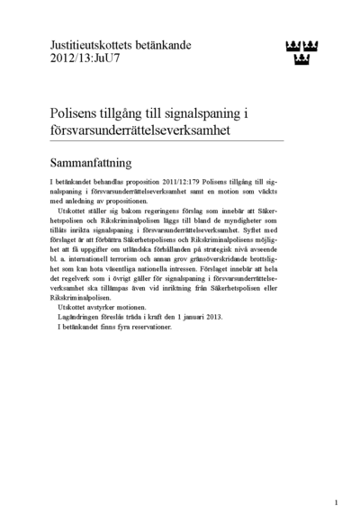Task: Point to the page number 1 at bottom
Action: (x=336, y=502)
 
